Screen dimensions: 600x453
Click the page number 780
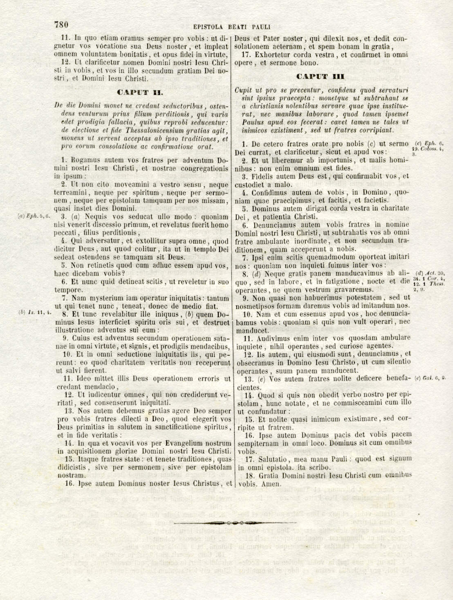pyautogui.click(x=61, y=25)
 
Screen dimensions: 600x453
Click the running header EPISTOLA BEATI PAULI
pyautogui.click(x=232, y=27)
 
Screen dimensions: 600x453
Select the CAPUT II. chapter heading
pyautogui.click(x=140, y=92)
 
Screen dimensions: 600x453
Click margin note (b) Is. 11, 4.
pyautogui.click(x=35, y=312)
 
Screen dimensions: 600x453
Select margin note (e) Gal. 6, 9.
pyautogui.click(x=430, y=378)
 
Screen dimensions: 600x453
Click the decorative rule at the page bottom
pyautogui.click(x=235, y=523)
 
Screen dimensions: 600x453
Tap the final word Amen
pyautogui.click(x=273, y=484)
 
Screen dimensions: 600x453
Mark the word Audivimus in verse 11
pyautogui.click(x=273, y=338)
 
